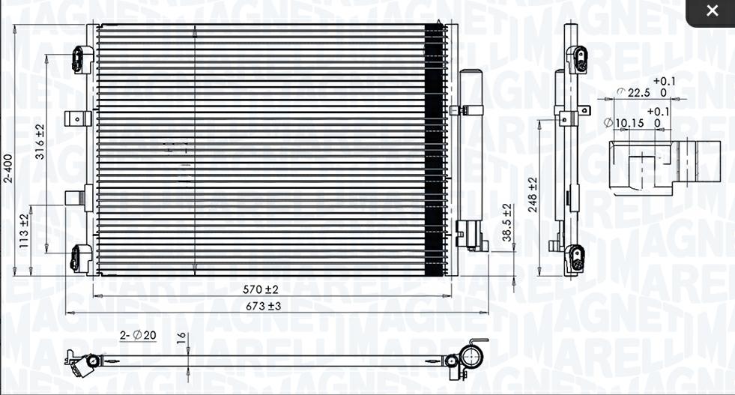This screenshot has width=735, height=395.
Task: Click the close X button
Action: tap(711, 11)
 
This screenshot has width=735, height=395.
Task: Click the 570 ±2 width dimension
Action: tap(261, 289)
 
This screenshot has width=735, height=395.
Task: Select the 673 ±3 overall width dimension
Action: tap(264, 306)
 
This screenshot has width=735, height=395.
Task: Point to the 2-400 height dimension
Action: tap(8, 169)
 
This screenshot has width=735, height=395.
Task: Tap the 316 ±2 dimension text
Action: tap(40, 142)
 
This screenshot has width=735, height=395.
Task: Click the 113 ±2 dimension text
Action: tap(24, 230)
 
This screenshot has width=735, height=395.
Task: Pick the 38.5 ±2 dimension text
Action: tap(507, 223)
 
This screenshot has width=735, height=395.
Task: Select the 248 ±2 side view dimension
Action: tap(533, 195)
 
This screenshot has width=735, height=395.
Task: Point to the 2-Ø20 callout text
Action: tap(139, 335)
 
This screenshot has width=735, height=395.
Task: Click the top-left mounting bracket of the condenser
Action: tap(82, 59)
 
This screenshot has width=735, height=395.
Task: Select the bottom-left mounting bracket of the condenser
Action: tap(81, 258)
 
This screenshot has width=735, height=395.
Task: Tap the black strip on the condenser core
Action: tap(434, 150)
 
